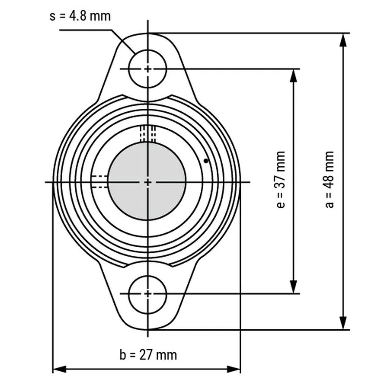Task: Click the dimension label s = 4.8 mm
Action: [80, 16]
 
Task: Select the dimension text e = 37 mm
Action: [281, 179]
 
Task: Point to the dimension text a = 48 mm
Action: [329, 179]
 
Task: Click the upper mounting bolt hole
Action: [148, 69]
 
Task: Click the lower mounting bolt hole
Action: [148, 294]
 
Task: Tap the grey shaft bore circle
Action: [147, 181]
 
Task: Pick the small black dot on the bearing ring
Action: [206, 161]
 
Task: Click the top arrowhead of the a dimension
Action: [342, 40]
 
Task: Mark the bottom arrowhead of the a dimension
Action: [342, 323]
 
